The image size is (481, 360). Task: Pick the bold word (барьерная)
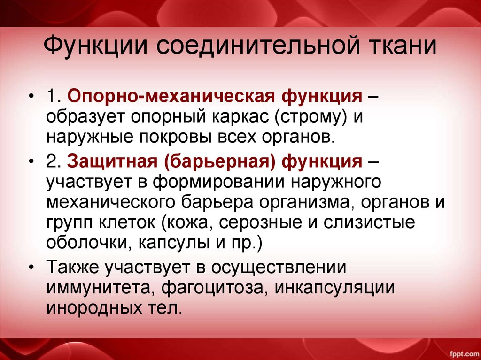(220, 162)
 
